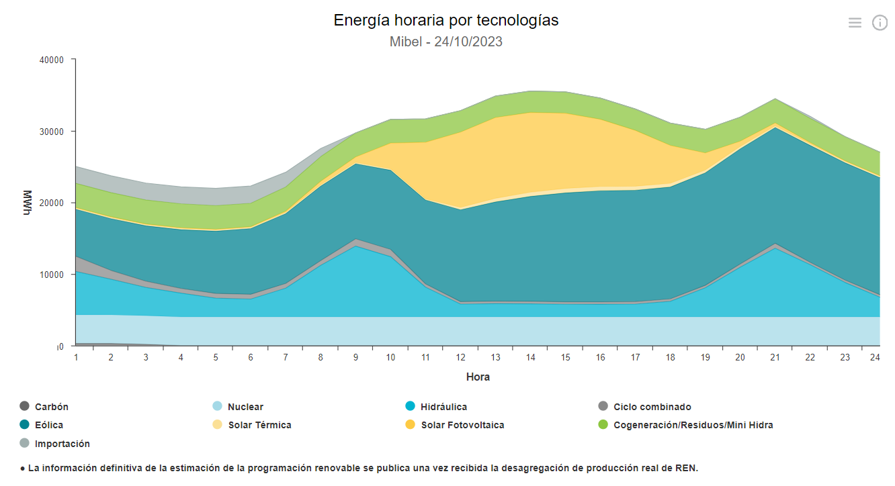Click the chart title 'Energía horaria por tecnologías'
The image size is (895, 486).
pos(446,21)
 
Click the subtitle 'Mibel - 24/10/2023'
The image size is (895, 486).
pos(446,42)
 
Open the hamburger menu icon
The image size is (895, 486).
pos(855,23)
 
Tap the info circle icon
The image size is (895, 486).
pos(880,23)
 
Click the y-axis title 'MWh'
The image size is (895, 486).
pos(28,203)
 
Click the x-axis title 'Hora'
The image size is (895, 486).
pos(478,377)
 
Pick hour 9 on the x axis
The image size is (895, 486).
pos(355,358)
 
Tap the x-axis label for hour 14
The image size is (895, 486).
pos(530,358)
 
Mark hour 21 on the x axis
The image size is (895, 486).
pos(775,358)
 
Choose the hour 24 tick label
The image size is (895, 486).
pos(874,358)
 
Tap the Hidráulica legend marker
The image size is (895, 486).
pos(411,406)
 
